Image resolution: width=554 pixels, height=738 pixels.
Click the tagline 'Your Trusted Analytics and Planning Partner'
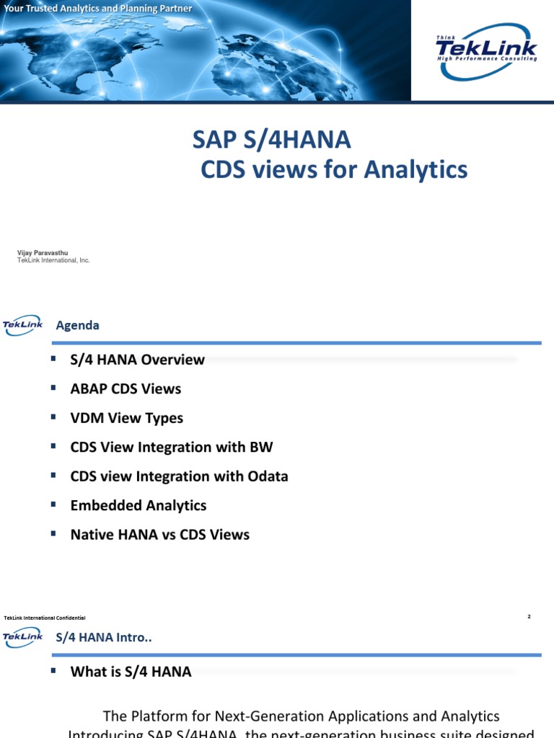98,9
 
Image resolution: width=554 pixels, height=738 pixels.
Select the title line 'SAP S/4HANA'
272,140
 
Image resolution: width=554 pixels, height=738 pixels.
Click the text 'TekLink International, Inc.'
53,260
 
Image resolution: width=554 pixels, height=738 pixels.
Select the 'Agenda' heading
78,325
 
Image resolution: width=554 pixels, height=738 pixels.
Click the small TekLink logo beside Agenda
22,325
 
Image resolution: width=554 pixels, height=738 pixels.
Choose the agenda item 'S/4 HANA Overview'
137,360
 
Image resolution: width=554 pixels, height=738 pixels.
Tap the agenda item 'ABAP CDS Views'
126,388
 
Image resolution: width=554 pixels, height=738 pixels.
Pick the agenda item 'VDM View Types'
127,418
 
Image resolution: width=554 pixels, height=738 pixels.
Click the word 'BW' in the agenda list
260,447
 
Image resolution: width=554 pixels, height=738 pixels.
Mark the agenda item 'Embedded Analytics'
138,505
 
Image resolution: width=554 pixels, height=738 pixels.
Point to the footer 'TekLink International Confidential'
45,618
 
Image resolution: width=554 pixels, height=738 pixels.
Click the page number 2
529,616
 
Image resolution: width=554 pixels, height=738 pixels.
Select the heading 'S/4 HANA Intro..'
104,637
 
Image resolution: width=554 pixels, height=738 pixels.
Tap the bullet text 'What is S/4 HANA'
131,672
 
